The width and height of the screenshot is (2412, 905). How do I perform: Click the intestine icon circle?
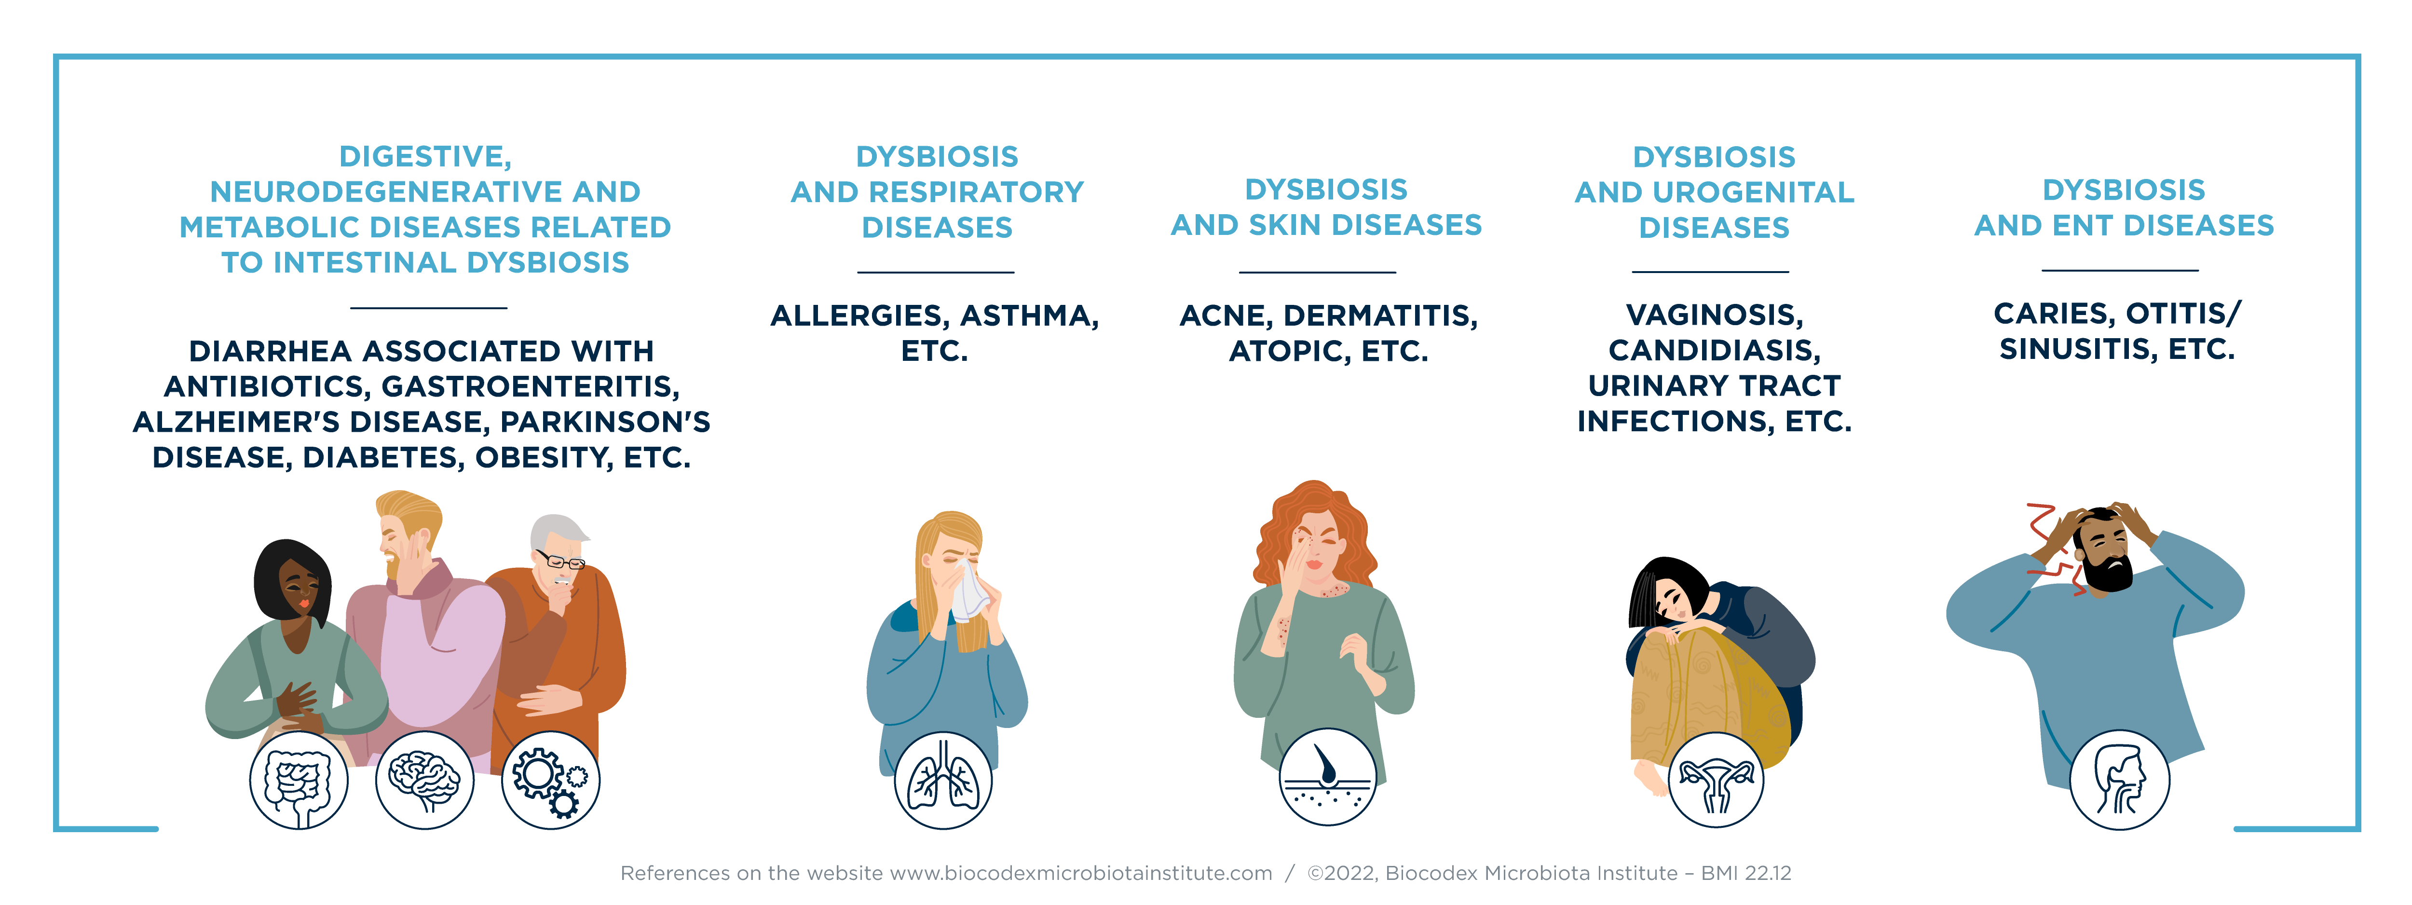click(x=299, y=781)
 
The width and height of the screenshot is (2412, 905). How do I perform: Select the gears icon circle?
click(x=551, y=781)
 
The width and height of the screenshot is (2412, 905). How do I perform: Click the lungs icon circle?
click(x=943, y=781)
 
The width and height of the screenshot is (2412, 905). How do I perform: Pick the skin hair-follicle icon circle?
click(x=1328, y=778)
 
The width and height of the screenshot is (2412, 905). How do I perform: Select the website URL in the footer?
click(x=1080, y=873)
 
